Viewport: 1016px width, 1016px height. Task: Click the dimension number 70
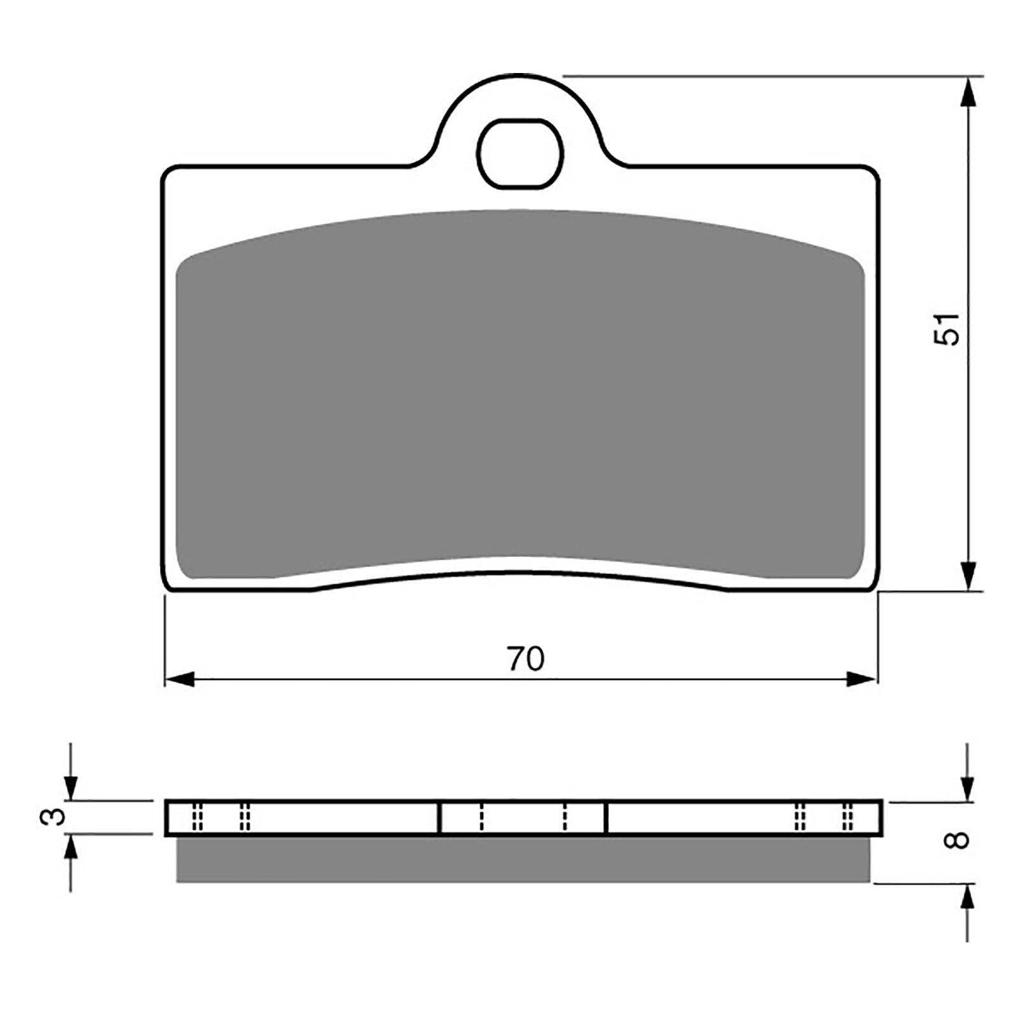526,659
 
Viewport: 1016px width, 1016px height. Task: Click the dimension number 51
946,329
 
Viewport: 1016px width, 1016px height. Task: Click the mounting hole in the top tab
521,153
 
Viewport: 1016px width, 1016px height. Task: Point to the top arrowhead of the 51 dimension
967,92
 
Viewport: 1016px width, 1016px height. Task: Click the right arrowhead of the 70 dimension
862,679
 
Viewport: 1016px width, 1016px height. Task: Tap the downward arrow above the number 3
71,787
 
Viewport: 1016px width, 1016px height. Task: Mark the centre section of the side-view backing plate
522,818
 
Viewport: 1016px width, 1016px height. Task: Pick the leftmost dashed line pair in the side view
197,818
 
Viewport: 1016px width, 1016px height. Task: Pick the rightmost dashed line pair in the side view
846,818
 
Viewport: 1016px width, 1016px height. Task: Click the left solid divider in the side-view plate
439,818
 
